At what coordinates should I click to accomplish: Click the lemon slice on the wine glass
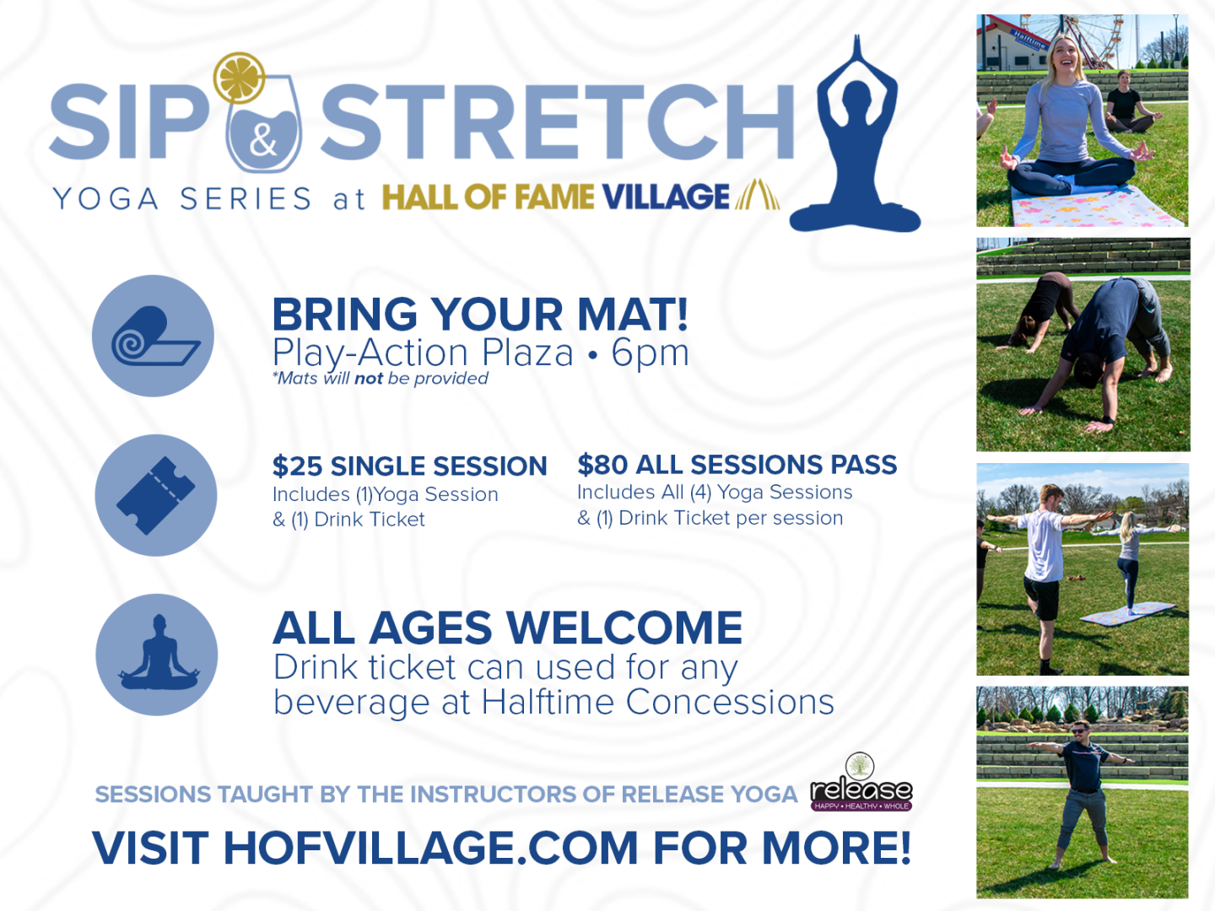(x=239, y=78)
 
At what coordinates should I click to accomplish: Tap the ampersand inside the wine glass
(x=263, y=140)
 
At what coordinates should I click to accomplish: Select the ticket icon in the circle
(x=155, y=496)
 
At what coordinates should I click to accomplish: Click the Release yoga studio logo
(x=861, y=782)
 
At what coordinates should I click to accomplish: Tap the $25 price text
(x=297, y=466)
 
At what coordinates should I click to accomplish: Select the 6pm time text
(x=650, y=353)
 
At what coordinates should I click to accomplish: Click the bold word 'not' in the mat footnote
(x=369, y=379)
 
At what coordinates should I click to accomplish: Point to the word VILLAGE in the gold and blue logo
(x=666, y=197)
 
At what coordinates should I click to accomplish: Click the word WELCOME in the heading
(x=624, y=628)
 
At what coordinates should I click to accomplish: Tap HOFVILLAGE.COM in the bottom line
(x=430, y=848)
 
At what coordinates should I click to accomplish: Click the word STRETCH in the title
(x=558, y=121)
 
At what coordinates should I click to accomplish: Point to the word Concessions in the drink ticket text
(x=730, y=703)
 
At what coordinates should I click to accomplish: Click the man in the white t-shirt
(x=1043, y=575)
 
